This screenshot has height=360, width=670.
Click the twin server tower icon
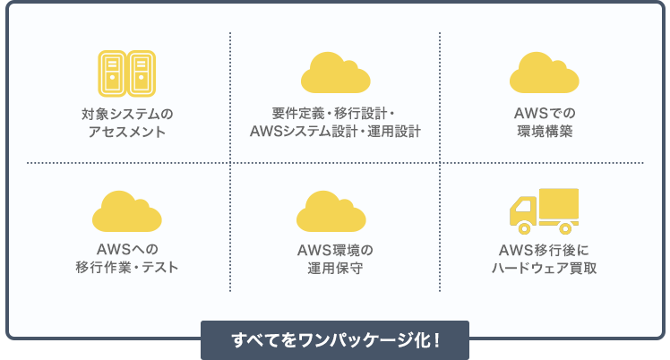(x=127, y=73)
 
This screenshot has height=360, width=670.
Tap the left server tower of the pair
(x=112, y=73)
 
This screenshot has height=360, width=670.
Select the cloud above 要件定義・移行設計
(x=335, y=73)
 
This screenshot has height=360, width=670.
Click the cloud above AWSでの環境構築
(x=544, y=73)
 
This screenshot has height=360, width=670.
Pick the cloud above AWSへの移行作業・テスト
(x=127, y=211)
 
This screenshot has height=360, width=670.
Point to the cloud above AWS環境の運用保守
(x=331, y=211)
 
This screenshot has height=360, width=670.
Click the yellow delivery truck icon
(x=544, y=211)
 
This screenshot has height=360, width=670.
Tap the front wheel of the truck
(x=524, y=228)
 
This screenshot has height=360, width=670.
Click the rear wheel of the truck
(x=565, y=228)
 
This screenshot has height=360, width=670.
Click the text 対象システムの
(x=127, y=114)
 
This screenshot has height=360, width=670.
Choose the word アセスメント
(x=127, y=132)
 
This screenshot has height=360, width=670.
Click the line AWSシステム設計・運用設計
(x=335, y=131)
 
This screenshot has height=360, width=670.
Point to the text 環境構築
(x=545, y=131)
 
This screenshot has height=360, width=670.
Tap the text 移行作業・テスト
(x=127, y=268)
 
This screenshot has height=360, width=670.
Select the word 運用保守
(x=335, y=268)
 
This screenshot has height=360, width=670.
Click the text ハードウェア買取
(x=544, y=268)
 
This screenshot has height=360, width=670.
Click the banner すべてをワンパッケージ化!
(x=335, y=340)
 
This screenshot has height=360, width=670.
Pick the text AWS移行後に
(x=544, y=250)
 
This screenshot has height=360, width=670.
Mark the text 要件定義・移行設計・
(x=333, y=113)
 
